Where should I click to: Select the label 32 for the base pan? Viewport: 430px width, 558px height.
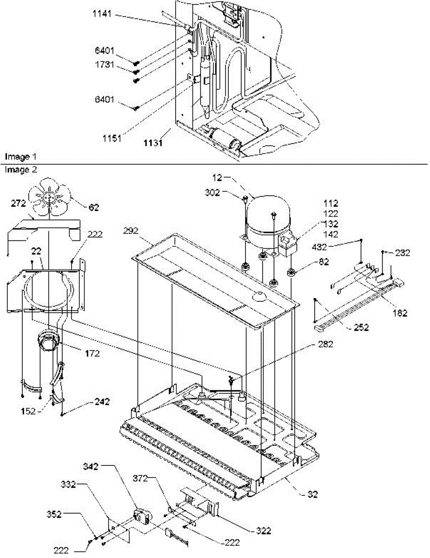[312, 495]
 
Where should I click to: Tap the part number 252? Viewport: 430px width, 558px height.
[360, 328]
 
